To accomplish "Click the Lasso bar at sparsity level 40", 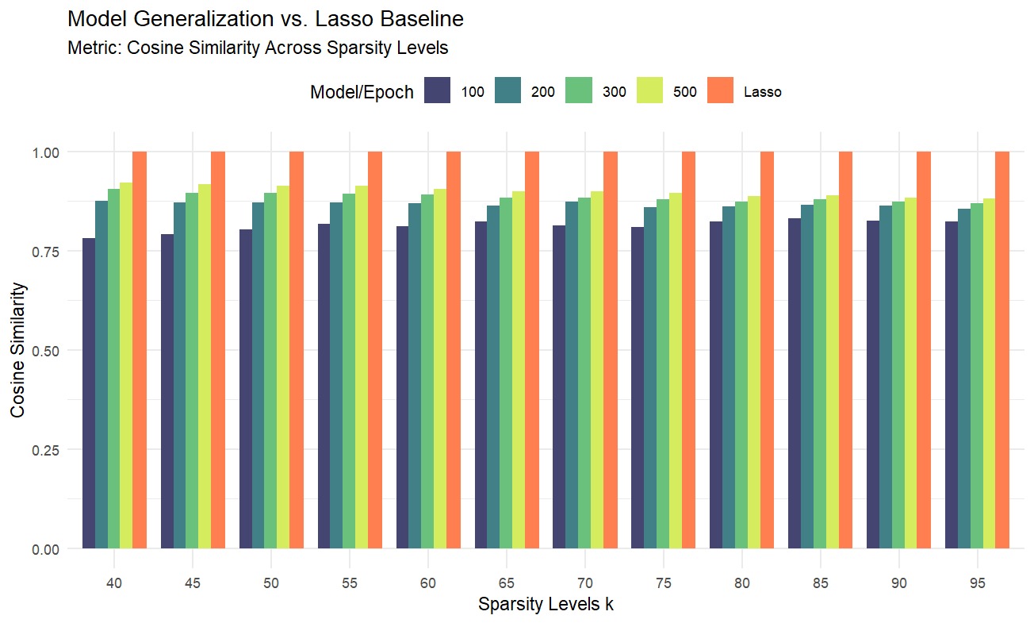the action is tap(140, 350).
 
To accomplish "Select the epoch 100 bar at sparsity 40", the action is tap(89, 394).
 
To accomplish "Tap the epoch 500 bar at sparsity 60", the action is tap(440, 369).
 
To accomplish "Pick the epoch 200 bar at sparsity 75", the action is tap(650, 378).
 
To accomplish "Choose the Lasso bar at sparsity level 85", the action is tap(845, 350).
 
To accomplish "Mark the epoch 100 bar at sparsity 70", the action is tap(559, 386).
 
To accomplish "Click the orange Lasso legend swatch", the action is tap(720, 90).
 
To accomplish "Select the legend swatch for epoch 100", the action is tap(437, 90).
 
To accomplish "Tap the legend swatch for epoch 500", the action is tap(649, 90).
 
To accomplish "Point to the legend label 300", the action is tap(614, 91).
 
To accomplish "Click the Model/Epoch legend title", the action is tap(362, 92).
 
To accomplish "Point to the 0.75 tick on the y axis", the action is tap(46, 252).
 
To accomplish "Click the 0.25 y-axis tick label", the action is tap(46, 450).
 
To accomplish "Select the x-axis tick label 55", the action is tap(350, 583).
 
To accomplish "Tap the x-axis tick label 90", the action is tap(898, 583).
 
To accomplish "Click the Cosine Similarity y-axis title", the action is tap(17, 350).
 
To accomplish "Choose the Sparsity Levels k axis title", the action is tap(546, 604).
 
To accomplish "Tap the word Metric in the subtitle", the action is tap(94, 48).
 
